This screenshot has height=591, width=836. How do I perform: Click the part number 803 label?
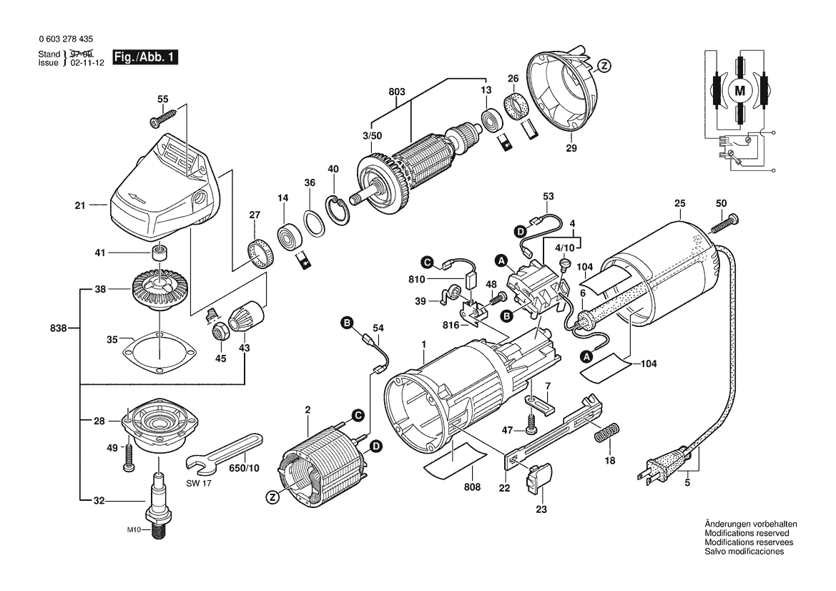396,92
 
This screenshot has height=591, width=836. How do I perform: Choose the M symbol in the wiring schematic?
740,89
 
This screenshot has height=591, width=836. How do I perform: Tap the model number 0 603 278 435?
62,41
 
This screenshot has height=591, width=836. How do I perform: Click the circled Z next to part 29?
604,66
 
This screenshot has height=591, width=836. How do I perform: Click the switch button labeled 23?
541,477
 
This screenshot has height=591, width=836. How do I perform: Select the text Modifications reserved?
747,534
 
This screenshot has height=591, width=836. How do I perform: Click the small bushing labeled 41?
159,253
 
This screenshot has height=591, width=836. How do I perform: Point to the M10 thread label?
135,529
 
